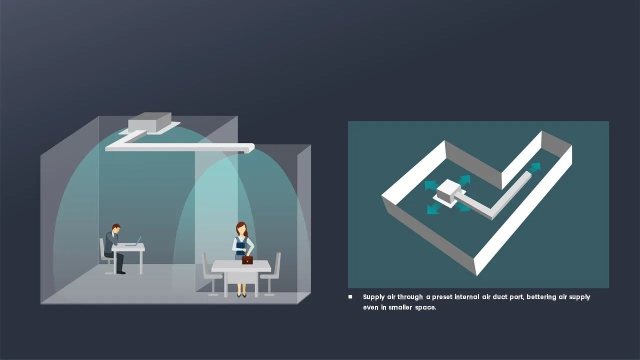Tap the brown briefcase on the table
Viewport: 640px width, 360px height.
point(247,259)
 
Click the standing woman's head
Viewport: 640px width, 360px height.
point(241,229)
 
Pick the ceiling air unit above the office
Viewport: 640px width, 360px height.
point(149,122)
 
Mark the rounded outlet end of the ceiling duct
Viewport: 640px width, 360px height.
point(249,148)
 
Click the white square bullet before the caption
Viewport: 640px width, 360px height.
point(350,297)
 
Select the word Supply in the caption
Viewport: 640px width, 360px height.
point(373,297)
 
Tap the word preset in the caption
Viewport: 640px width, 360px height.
point(442,297)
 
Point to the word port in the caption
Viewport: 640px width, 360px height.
point(517,297)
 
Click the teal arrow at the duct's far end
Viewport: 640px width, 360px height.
point(535,167)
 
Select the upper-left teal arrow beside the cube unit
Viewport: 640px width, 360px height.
point(431,185)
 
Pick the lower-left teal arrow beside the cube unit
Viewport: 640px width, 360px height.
point(433,208)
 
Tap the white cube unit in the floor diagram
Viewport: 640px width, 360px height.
point(449,191)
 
